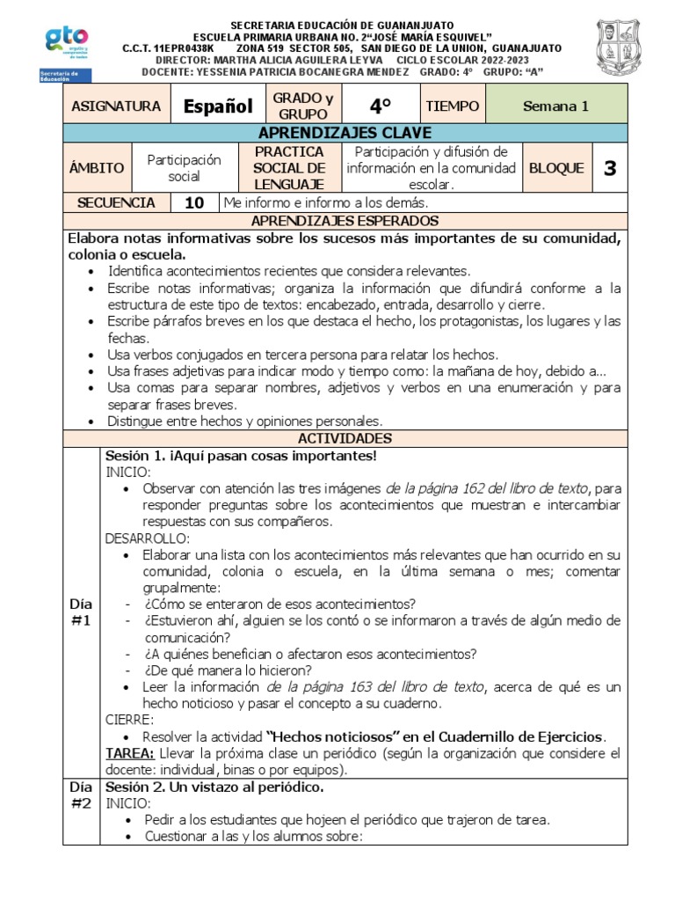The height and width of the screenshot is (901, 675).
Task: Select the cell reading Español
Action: pos(217,106)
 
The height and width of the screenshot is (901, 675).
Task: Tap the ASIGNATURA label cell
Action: pos(116,106)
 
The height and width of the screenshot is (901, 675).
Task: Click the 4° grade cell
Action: pos(380,106)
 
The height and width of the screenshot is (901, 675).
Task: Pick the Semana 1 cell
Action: pos(555,106)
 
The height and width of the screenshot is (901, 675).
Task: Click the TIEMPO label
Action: pos(452,106)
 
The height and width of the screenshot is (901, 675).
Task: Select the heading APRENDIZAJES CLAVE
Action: pos(345,133)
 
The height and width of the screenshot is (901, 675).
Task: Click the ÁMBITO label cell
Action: pos(98,168)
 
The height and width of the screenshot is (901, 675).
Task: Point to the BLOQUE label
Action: pos(556,168)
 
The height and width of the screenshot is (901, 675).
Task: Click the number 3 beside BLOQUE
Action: pos(610,168)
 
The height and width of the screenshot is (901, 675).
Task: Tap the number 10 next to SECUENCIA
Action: pos(194,202)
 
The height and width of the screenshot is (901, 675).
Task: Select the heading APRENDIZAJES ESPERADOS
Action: pos(345,221)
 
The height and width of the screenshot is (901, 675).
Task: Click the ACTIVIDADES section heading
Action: pos(345,438)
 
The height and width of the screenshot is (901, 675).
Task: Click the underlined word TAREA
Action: pos(130,753)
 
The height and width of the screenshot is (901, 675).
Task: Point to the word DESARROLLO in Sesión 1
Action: pos(147,538)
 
